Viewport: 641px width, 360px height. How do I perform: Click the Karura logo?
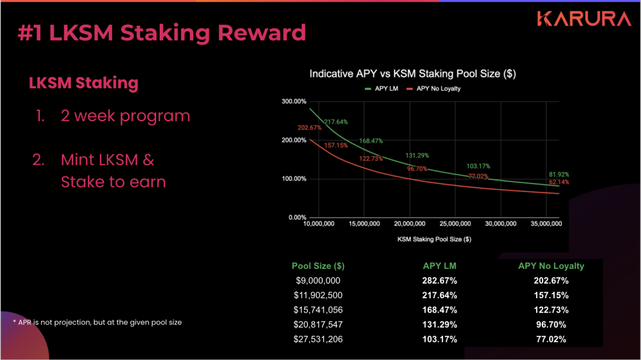584,19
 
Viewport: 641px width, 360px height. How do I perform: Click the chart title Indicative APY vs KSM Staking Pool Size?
412,74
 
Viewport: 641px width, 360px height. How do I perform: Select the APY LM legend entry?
381,89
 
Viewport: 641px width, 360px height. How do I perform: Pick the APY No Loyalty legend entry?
434,89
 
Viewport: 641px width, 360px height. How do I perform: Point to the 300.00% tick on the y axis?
294,101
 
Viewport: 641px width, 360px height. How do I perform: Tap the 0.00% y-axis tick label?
297,217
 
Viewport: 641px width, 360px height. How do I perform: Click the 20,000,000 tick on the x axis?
409,224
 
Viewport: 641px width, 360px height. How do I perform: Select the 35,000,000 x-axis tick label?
546,224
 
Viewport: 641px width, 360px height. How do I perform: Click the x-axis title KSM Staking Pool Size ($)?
434,239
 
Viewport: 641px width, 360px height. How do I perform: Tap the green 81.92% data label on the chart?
559,175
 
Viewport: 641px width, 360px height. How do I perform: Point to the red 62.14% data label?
559,182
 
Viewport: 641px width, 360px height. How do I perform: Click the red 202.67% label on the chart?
310,128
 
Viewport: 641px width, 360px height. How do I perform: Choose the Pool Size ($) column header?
318,266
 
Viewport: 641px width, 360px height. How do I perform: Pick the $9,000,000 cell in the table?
318,281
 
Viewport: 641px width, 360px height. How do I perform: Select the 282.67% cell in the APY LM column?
439,281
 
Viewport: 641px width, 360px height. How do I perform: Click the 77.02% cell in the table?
551,339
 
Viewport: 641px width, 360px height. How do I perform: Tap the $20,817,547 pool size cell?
318,325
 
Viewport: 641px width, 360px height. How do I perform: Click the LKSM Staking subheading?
84,83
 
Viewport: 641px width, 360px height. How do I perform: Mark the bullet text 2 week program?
125,116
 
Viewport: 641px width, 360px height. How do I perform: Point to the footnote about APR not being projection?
97,322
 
